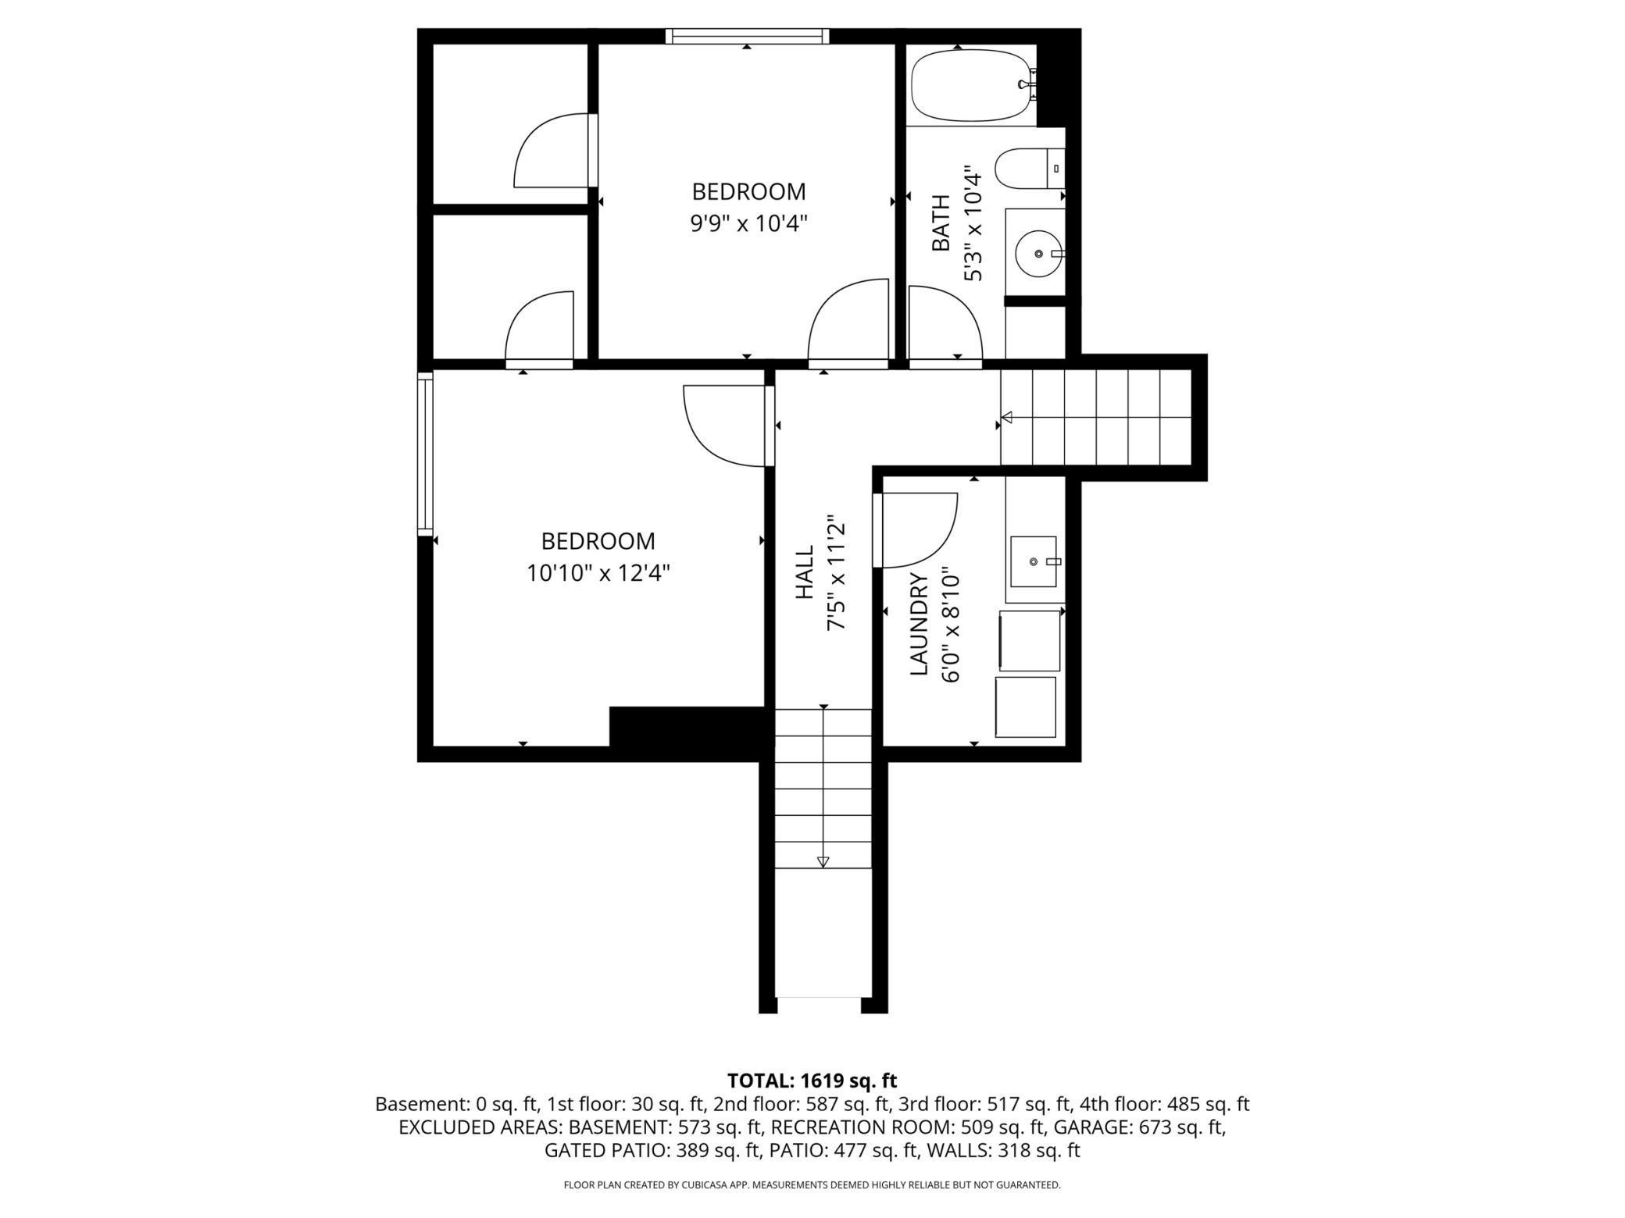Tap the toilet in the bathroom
(1030, 169)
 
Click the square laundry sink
(1034, 561)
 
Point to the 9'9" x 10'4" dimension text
(748, 224)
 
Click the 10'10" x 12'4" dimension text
(598, 574)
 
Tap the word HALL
(805, 572)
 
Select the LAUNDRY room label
(919, 625)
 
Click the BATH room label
(941, 223)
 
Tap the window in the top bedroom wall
(748, 36)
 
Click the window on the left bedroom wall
(425, 454)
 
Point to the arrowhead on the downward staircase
(823, 862)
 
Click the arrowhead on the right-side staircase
(1007, 417)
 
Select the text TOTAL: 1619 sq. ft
(812, 1081)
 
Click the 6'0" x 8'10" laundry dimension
(951, 625)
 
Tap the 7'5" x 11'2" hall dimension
(837, 572)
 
